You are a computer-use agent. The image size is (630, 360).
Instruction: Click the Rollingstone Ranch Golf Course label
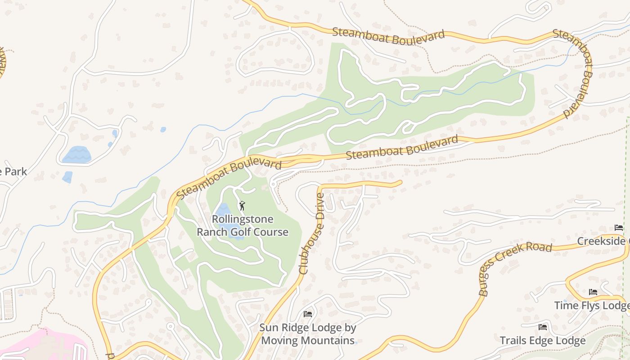(243, 225)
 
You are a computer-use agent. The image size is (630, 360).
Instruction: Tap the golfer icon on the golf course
(243, 206)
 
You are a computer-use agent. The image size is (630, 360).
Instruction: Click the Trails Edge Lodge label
(543, 340)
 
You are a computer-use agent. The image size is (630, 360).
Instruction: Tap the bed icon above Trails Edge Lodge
(543, 327)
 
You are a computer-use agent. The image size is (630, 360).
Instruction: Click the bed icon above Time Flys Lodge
(593, 292)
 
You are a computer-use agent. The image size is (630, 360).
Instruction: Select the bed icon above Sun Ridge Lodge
(308, 314)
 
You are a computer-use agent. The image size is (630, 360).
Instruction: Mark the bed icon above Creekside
(619, 228)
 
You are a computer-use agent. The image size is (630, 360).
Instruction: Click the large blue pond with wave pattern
(76, 155)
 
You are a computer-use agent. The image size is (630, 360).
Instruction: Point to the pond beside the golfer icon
(223, 210)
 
